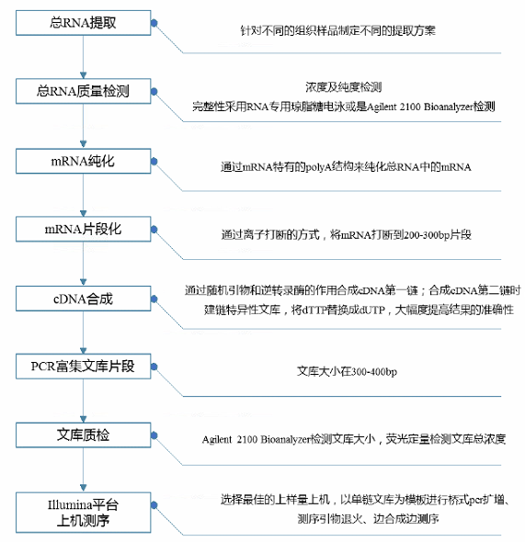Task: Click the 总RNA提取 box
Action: coord(84,23)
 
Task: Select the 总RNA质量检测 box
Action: coord(84,91)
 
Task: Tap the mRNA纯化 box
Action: coord(84,161)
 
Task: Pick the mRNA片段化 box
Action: coord(84,229)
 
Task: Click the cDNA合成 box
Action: coord(84,299)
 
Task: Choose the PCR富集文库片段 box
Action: coord(84,367)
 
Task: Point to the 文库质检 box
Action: coord(84,435)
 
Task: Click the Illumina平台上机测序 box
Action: coord(84,513)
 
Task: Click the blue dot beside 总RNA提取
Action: coord(154,23)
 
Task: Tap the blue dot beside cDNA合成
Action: coord(154,299)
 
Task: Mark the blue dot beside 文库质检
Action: coord(154,435)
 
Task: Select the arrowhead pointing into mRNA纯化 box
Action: coord(83,144)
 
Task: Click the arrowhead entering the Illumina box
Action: coord(83,488)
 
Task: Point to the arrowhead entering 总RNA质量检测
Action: coord(83,75)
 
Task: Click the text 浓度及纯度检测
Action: coord(344,87)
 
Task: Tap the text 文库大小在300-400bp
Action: coord(347,371)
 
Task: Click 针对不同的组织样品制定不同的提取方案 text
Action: coord(338,30)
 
